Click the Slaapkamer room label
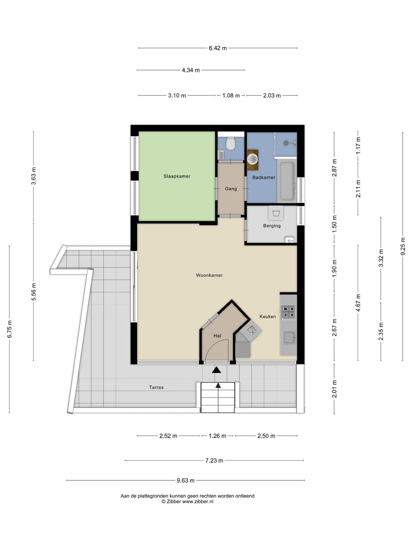coord(177,176)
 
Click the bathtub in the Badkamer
coord(287,181)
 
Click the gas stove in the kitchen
coord(288,312)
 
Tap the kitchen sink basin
coord(289,337)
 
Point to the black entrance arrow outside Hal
coord(217,370)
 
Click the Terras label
coord(156,387)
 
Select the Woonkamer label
coord(209,275)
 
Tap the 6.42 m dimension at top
coord(218,48)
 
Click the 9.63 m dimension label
coord(185,480)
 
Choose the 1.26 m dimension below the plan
coord(217,436)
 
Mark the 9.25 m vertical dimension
coord(403,246)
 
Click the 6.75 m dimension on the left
coord(10,329)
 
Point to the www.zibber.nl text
coord(198,502)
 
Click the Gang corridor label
coord(231,189)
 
